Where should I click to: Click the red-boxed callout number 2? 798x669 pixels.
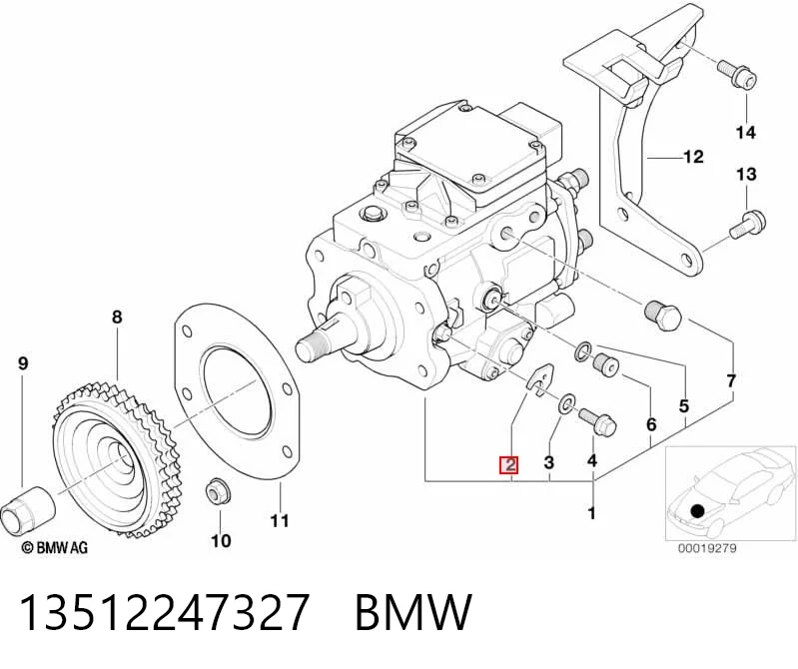pyautogui.click(x=509, y=464)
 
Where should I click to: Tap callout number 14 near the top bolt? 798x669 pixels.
pyautogui.click(x=746, y=133)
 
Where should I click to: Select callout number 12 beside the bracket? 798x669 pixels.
pyautogui.click(x=694, y=157)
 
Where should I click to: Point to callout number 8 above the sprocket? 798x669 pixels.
pyautogui.click(x=117, y=317)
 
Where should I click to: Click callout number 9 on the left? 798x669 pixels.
pyautogui.click(x=23, y=363)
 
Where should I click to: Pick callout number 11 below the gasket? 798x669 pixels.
pyautogui.click(x=280, y=521)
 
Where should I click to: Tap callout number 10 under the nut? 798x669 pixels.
pyautogui.click(x=221, y=540)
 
